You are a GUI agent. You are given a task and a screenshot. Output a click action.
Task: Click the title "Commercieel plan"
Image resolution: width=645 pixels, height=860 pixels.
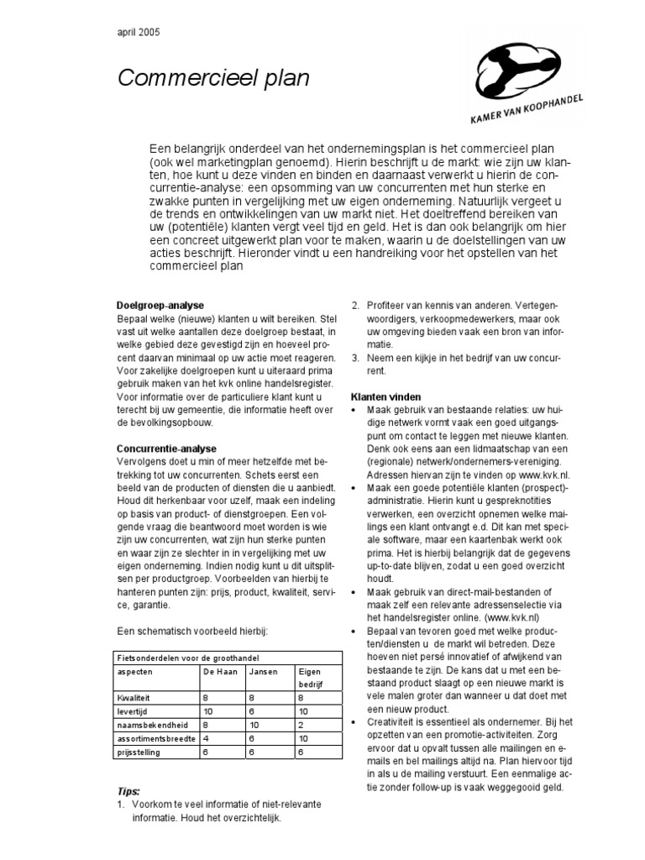click(213, 79)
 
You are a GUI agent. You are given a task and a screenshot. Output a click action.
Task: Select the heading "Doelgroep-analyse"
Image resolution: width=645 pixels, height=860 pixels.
click(160, 305)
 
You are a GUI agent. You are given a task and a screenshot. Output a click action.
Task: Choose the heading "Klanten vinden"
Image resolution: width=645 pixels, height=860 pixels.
click(385, 396)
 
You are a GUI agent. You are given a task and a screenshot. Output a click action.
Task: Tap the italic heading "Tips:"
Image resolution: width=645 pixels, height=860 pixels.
click(128, 791)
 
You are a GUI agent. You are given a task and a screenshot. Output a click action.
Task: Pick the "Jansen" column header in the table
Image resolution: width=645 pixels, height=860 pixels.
click(264, 672)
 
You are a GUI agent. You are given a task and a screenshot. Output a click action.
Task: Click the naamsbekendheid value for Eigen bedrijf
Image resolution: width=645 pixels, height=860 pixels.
click(300, 724)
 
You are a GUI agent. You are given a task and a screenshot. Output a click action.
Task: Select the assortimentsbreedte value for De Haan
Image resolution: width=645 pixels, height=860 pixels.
click(205, 738)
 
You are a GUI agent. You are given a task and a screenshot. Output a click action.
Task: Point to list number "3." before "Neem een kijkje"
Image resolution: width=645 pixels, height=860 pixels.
click(355, 357)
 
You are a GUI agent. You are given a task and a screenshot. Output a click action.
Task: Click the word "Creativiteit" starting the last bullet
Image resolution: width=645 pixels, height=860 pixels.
click(394, 722)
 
